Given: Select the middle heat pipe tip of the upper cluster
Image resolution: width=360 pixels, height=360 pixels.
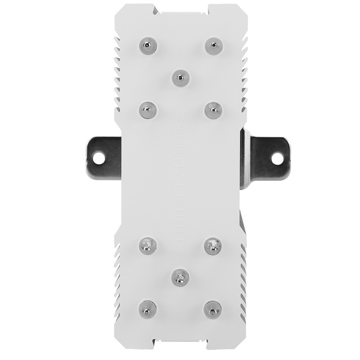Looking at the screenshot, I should point(179,76).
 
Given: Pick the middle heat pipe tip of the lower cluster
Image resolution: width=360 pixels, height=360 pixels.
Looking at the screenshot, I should point(179,277).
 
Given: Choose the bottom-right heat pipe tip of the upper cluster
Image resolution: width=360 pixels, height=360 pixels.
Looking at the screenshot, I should point(211,109).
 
